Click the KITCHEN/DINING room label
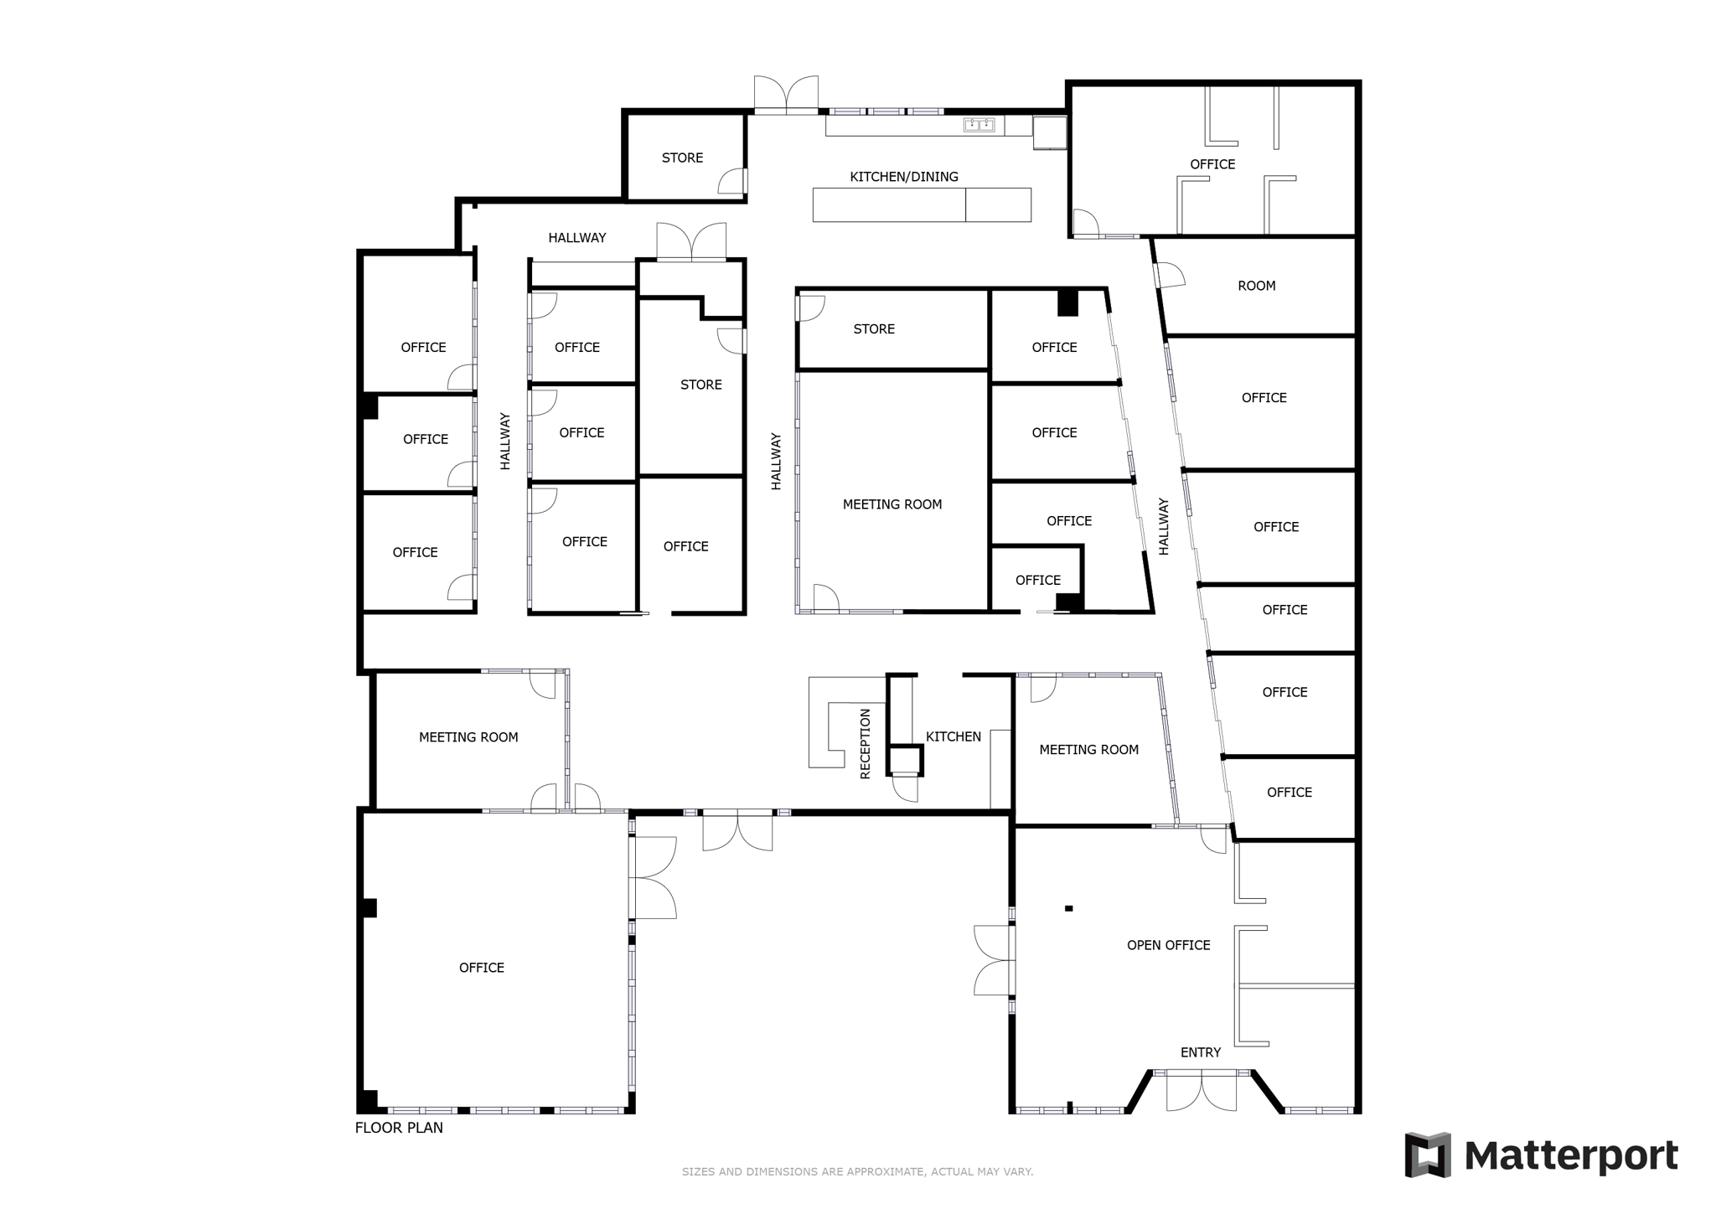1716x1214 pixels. pyautogui.click(x=903, y=177)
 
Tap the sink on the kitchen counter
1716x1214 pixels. pyautogui.click(x=979, y=126)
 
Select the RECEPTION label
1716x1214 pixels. pyautogui.click(x=866, y=744)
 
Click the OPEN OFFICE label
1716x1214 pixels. pyautogui.click(x=1168, y=945)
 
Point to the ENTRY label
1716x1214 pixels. pyautogui.click(x=1200, y=1052)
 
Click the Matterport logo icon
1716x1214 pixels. pyautogui.click(x=1428, y=1155)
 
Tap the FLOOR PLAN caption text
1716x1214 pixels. pyautogui.click(x=399, y=1128)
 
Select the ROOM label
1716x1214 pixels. pyautogui.click(x=1256, y=286)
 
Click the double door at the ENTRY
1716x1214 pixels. pyautogui.click(x=1201, y=1093)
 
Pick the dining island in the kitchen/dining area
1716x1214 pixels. pyautogui.click(x=921, y=205)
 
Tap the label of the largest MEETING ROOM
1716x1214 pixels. pyautogui.click(x=892, y=504)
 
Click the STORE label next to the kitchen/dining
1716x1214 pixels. pyautogui.click(x=682, y=158)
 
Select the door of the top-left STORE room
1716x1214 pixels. pyautogui.click(x=733, y=181)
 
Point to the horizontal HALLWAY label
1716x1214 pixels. pyautogui.click(x=576, y=238)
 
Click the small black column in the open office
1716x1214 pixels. pyautogui.click(x=1068, y=908)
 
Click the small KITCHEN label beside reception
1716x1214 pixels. pyautogui.click(x=953, y=736)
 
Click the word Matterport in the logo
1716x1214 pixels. pyautogui.click(x=1570, y=1156)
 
